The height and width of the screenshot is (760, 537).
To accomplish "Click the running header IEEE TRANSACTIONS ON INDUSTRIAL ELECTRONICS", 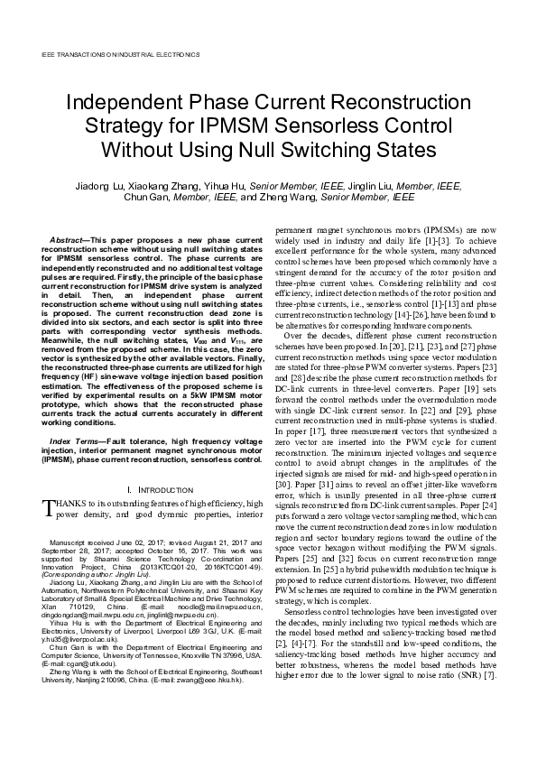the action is pyautogui.click(x=121, y=54).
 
